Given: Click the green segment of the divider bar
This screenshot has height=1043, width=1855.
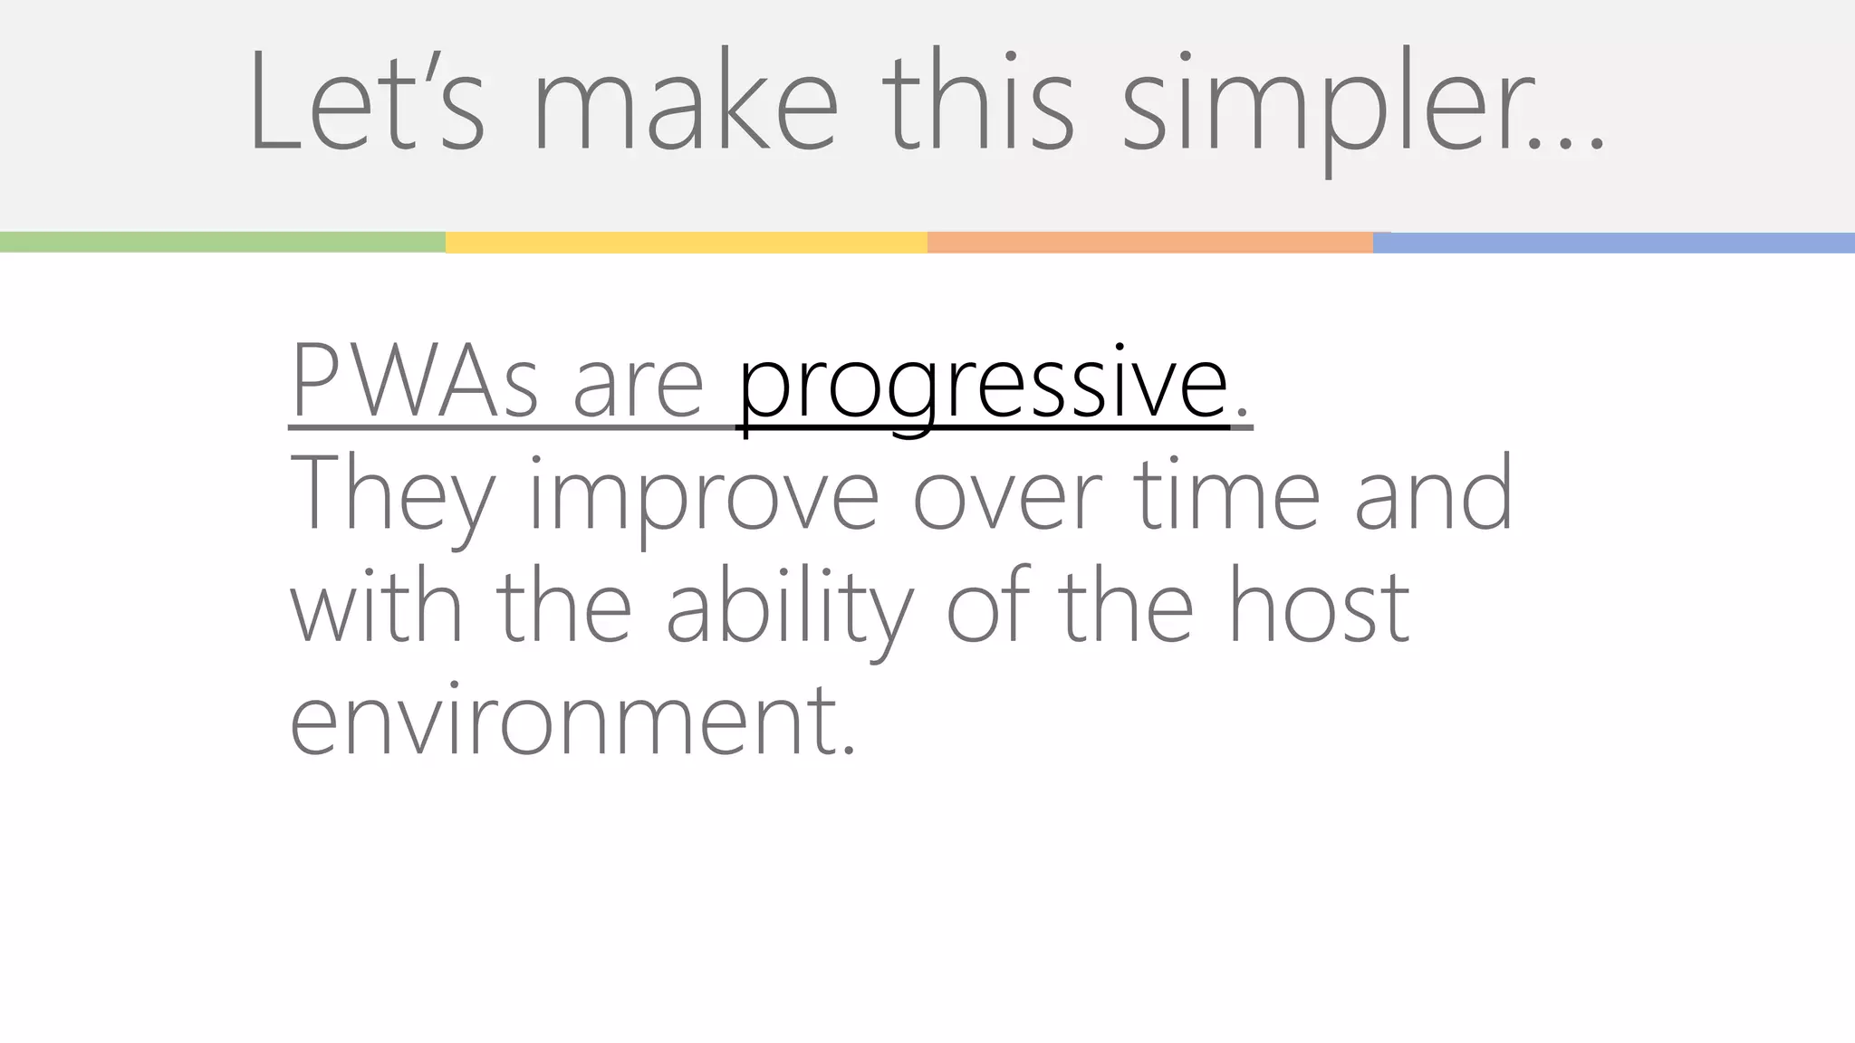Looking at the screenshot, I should (x=222, y=242).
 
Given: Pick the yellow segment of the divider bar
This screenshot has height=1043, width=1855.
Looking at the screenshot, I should (x=686, y=242).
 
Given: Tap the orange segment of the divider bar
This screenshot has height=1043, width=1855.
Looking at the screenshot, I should (x=1149, y=242).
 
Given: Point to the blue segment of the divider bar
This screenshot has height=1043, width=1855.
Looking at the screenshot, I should (x=1613, y=242).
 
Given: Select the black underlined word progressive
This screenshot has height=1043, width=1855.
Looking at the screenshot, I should (x=984, y=385).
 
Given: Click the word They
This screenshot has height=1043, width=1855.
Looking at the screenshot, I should (x=392, y=496).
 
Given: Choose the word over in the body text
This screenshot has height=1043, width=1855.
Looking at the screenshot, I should (x=1006, y=496).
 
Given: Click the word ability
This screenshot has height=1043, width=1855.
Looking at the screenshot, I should (x=788, y=608).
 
